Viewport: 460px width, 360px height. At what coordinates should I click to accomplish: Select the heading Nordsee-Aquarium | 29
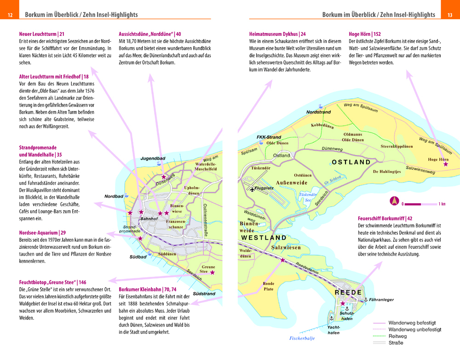[42, 233]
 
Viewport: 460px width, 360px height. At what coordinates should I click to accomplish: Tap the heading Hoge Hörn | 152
[365, 34]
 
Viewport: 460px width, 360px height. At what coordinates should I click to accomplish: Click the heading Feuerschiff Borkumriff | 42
[385, 218]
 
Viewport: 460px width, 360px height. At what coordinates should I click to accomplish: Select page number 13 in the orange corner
[450, 15]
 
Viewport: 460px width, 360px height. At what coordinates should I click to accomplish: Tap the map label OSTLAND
[351, 162]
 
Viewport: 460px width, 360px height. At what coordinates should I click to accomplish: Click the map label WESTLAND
[264, 238]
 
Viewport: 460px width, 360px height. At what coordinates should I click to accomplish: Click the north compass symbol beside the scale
[394, 201]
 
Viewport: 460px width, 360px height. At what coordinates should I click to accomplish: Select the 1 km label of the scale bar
[442, 204]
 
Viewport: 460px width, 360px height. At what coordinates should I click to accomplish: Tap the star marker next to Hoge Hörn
[444, 164]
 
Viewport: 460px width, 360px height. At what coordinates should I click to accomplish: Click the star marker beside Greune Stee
[213, 273]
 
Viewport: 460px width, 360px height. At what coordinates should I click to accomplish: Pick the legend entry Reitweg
[398, 336]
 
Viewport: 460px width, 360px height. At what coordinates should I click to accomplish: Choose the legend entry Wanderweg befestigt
[412, 323]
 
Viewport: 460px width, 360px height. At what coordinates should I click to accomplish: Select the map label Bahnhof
[149, 219]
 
